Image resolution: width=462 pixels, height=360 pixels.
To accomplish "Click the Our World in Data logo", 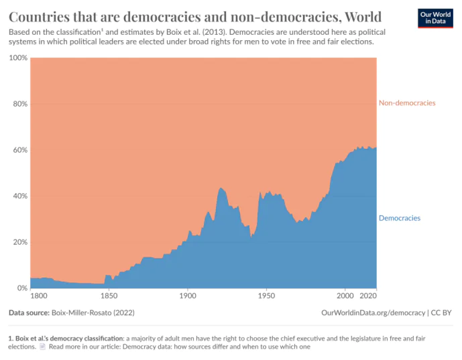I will coord(435,18).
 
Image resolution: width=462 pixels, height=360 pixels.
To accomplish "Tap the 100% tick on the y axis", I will coord(18,58).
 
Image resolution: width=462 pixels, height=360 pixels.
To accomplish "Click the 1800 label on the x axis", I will coord(40,296).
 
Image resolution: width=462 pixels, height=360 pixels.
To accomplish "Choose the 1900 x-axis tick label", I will coord(188,296).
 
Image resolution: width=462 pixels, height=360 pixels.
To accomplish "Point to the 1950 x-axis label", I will coord(266,296).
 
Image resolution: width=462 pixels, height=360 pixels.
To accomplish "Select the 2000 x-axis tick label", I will coord(345,296).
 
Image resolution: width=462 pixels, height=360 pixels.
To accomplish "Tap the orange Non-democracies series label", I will coord(407,103).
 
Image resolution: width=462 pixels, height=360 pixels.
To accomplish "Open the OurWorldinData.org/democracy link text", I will coord(373,312).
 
